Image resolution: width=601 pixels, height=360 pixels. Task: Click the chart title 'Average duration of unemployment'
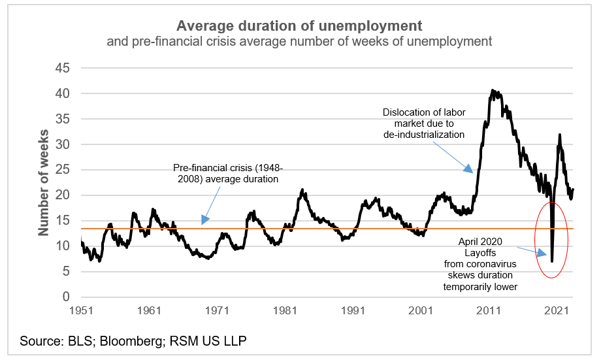click(x=299, y=26)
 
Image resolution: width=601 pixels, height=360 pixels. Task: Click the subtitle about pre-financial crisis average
click(x=299, y=42)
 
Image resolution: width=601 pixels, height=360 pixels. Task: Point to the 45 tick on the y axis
click(x=62, y=68)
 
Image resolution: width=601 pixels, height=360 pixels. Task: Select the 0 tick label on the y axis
click(x=65, y=297)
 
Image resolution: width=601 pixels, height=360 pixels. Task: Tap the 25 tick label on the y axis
click(x=62, y=170)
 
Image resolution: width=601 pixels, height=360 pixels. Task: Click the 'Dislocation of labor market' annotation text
click(x=423, y=123)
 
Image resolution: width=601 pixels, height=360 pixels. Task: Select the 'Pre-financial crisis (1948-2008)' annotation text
click(x=227, y=173)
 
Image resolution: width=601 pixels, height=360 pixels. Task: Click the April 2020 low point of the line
click(x=552, y=261)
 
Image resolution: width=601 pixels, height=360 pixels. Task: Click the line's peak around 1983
click(x=302, y=189)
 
